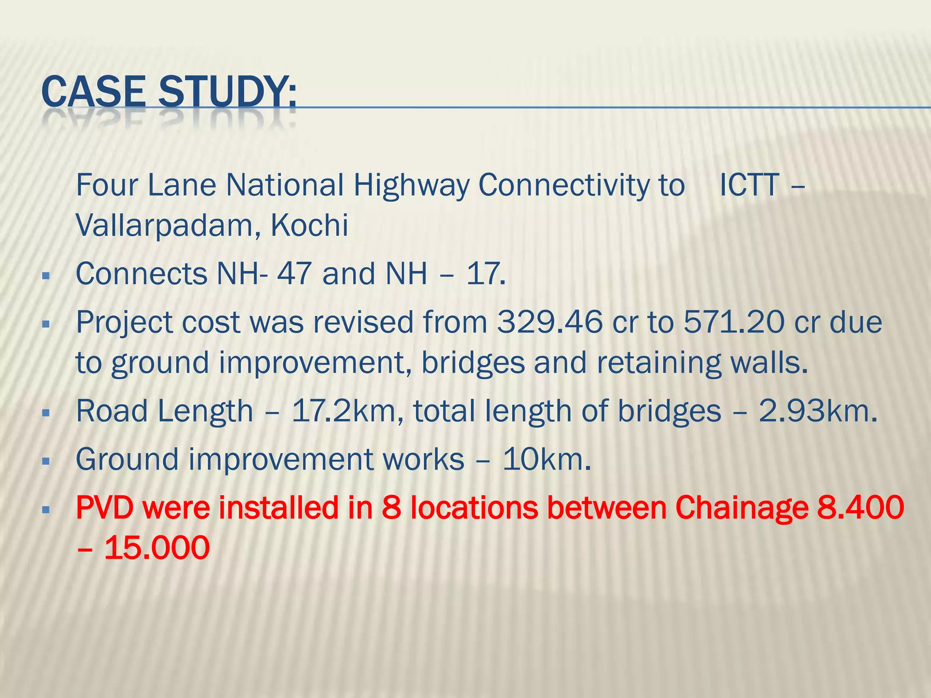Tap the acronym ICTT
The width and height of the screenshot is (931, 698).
click(749, 185)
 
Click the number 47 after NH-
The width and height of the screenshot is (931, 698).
click(294, 274)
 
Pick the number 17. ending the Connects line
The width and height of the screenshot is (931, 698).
click(486, 274)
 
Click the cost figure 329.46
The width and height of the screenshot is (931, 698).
click(550, 322)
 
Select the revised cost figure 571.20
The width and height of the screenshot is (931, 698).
click(734, 322)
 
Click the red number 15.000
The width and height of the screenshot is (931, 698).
click(157, 548)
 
